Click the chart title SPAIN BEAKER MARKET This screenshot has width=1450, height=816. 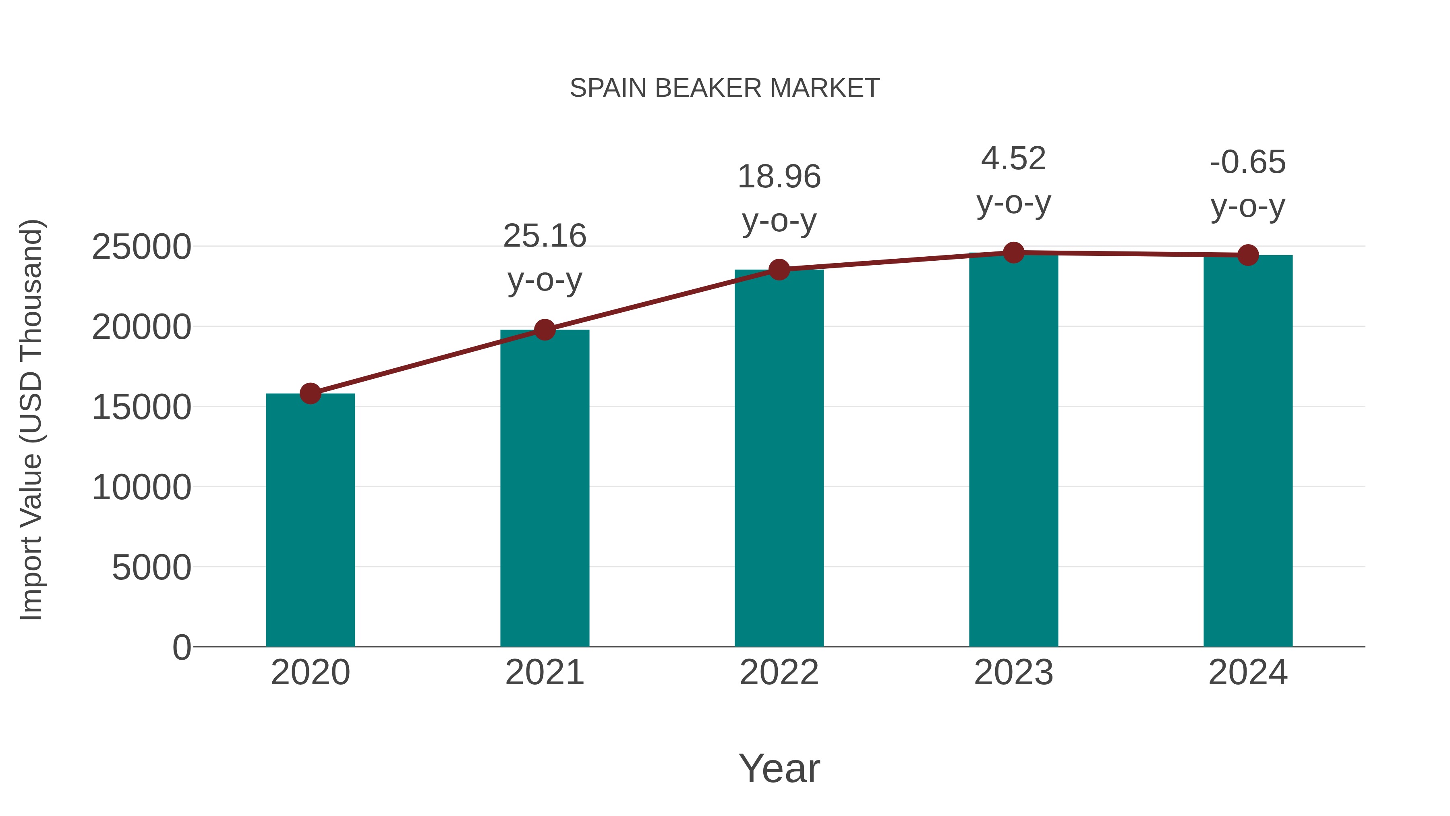point(725,88)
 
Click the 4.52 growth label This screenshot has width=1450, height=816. point(1013,159)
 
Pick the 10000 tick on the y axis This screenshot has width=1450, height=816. point(141,487)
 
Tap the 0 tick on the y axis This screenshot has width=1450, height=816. point(181,647)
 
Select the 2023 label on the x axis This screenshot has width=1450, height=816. point(1013,673)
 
